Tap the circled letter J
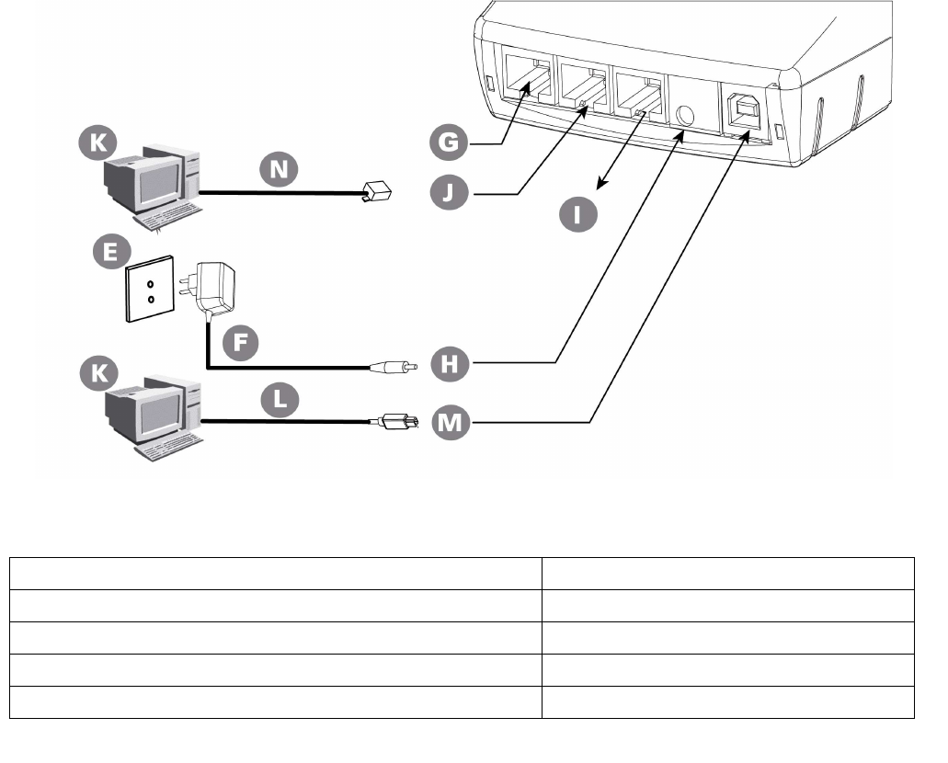[x=452, y=193]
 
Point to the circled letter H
[x=451, y=364]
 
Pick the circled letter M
[x=451, y=422]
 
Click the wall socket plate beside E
[x=146, y=293]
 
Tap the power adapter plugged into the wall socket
[x=213, y=284]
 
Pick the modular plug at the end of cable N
[x=377, y=192]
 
